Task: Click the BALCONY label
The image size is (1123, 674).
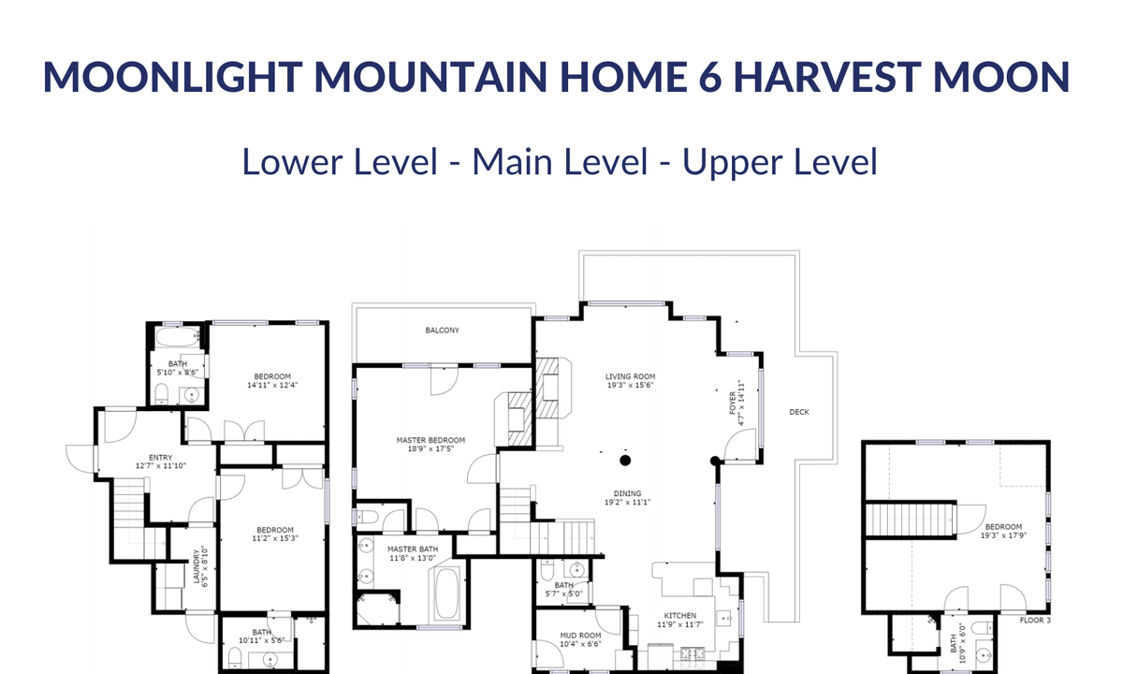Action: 442,330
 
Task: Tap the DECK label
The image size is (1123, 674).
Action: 799,412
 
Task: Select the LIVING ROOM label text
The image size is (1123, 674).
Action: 630,376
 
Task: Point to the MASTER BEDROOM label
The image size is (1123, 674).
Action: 430,440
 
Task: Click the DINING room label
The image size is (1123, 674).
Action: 627,493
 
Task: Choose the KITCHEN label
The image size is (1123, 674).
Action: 680,615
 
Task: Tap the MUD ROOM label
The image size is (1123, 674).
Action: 580,636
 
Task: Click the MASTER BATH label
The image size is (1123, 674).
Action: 413,549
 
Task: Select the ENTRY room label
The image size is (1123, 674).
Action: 160,458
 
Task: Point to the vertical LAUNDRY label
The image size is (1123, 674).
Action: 197,566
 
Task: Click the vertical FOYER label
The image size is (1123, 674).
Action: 733,403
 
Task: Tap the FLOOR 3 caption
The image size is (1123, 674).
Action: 1035,621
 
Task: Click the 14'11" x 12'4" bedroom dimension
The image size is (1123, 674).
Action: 272,385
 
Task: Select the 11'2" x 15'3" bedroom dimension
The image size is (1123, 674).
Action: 275,538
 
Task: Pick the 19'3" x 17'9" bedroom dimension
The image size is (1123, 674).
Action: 1003,535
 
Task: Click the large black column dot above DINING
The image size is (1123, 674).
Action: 625,461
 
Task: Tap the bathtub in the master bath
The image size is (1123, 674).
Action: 446,593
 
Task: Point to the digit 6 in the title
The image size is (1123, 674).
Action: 710,77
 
